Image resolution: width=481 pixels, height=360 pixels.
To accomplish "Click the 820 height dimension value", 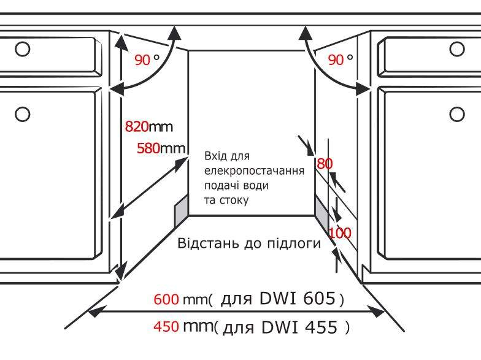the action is coord(137,126).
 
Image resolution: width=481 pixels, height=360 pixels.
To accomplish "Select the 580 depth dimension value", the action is coord(148,148).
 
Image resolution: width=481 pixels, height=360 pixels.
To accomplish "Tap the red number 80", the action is coord(325,164).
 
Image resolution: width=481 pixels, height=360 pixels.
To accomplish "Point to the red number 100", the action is coord(340,233).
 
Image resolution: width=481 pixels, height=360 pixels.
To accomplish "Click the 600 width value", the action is coord(166,299).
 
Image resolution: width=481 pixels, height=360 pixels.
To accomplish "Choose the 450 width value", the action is coord(166,326).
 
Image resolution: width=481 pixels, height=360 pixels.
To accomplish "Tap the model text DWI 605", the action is coord(297,298).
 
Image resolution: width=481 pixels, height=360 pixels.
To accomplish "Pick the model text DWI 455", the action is coord(299,327).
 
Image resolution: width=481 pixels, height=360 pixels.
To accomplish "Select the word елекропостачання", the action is coord(254,171).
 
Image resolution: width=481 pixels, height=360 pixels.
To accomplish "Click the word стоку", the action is coord(234,201).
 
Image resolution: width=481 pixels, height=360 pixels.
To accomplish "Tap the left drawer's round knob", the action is coord(22,49).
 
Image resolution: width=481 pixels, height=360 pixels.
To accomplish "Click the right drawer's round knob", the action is coord(457,49).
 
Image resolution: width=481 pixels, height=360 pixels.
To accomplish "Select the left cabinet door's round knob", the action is coord(22,114).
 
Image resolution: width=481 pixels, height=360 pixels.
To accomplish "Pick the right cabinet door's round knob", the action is coord(457,114).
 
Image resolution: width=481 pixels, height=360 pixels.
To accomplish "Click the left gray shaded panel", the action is coord(182,211).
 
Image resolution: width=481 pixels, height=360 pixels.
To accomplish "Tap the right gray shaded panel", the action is coord(321,211).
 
